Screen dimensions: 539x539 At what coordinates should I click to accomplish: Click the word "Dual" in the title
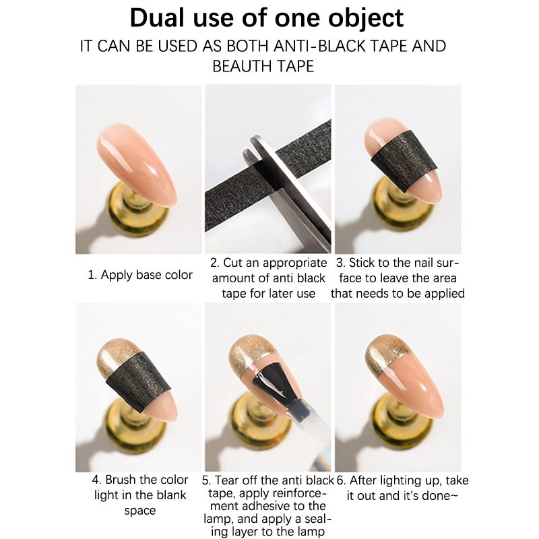click(157, 18)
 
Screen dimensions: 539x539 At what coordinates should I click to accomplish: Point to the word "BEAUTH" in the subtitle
click(241, 66)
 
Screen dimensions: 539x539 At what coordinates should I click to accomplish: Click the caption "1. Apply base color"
click(140, 275)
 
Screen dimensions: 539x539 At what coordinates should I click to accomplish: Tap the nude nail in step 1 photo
click(137, 164)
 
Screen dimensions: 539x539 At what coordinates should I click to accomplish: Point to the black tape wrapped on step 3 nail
click(404, 160)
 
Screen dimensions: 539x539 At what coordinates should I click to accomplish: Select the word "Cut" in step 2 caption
click(233, 263)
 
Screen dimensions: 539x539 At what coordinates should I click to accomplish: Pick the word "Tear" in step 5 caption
click(226, 480)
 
